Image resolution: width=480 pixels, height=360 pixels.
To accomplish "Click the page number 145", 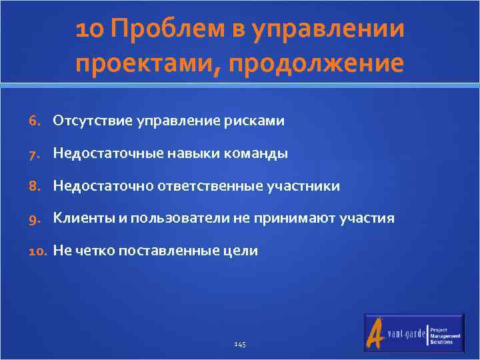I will click(240, 344).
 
